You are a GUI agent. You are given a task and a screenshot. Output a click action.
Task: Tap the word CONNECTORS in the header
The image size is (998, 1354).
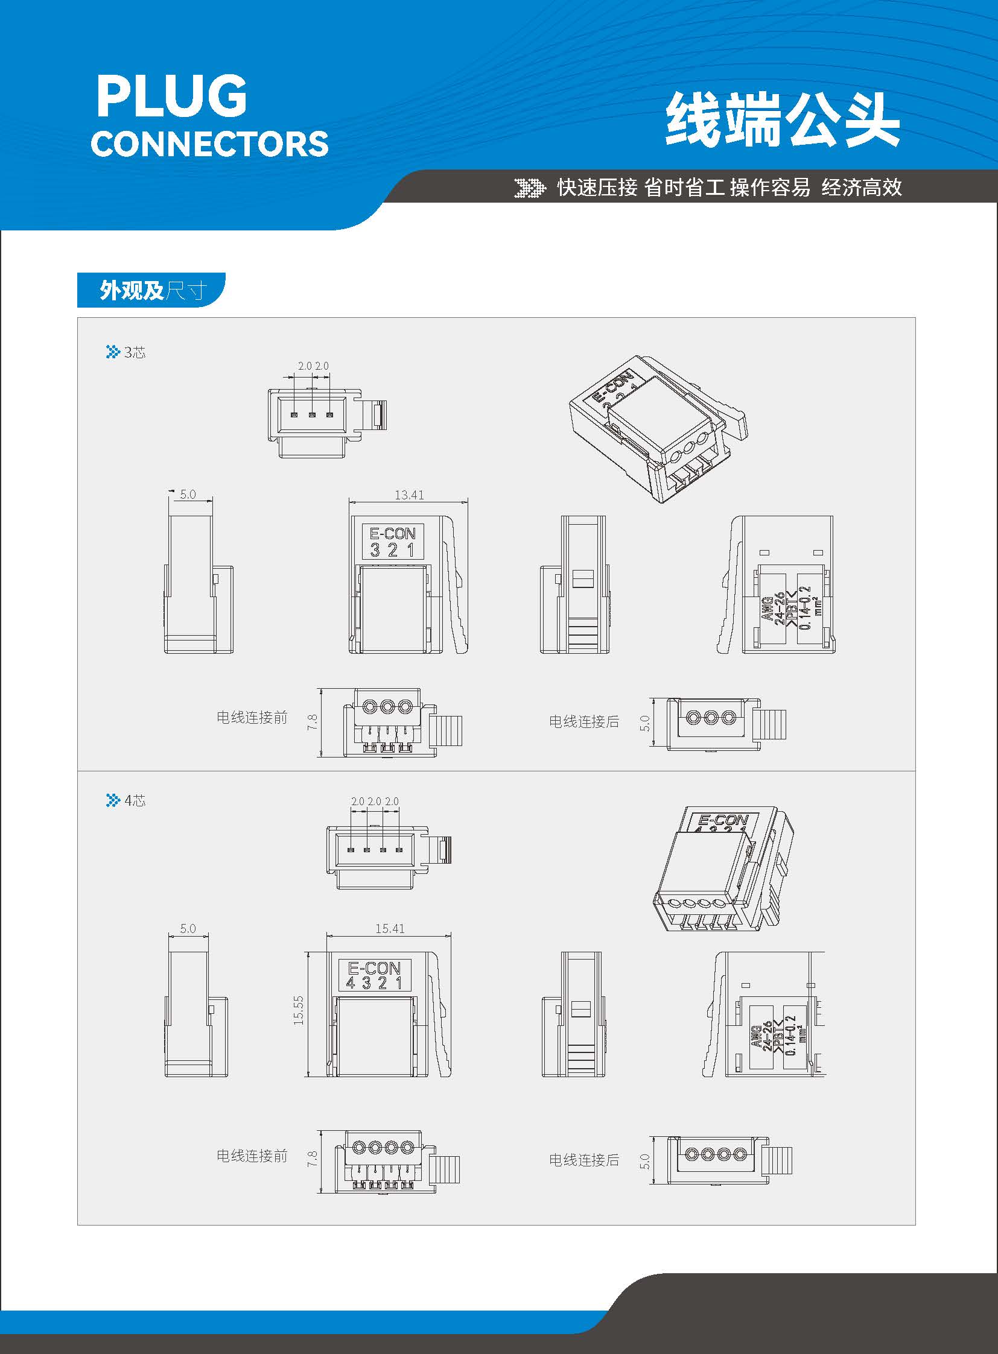point(209,144)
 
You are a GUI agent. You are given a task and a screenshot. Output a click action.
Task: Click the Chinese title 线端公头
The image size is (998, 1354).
point(783,119)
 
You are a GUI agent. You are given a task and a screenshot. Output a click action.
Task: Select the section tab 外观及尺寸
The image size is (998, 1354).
point(151,290)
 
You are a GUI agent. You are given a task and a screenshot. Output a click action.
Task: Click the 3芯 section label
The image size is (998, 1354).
point(126,352)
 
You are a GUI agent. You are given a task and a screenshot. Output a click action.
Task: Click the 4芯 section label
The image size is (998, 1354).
point(126,800)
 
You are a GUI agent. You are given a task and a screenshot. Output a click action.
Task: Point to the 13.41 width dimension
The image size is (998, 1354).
point(409,495)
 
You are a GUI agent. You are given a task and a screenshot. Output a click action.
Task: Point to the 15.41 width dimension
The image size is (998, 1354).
point(390,928)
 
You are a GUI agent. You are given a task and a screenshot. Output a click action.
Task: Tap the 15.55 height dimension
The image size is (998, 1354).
point(299,1010)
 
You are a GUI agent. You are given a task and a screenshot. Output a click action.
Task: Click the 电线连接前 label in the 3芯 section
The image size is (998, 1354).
point(252,717)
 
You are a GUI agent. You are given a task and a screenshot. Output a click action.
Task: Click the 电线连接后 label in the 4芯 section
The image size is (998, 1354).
point(584,1160)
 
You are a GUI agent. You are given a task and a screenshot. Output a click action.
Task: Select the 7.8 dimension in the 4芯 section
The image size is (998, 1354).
point(313,1159)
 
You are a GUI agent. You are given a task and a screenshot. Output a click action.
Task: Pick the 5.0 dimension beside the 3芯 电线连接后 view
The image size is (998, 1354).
point(644,723)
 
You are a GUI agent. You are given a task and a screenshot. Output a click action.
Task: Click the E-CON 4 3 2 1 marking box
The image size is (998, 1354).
point(375,975)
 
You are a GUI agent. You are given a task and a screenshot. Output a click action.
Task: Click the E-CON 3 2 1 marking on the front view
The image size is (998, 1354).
point(393,541)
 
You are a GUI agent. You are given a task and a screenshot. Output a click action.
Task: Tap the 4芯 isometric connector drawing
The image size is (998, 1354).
point(723,868)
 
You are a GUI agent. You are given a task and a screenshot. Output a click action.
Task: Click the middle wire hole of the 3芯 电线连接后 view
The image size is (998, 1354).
point(711,718)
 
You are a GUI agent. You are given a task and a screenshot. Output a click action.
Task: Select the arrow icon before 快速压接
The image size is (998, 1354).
point(529,188)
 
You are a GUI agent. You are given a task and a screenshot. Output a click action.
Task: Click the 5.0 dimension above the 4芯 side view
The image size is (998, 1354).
point(188,928)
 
